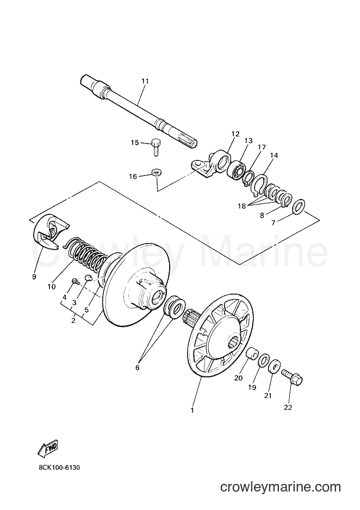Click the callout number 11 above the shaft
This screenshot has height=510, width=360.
pos(145,82)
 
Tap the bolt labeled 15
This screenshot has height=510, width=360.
pos(156,148)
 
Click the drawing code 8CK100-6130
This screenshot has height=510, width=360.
pos(59,468)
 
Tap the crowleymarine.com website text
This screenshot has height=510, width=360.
pos(281,487)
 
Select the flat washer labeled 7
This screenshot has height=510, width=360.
pos(299,208)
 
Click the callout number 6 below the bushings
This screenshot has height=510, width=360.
pos(137,368)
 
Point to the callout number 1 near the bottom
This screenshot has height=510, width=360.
pos(192,410)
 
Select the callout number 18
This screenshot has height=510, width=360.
pos(241,206)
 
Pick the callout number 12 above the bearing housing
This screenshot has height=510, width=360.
pos(235,133)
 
